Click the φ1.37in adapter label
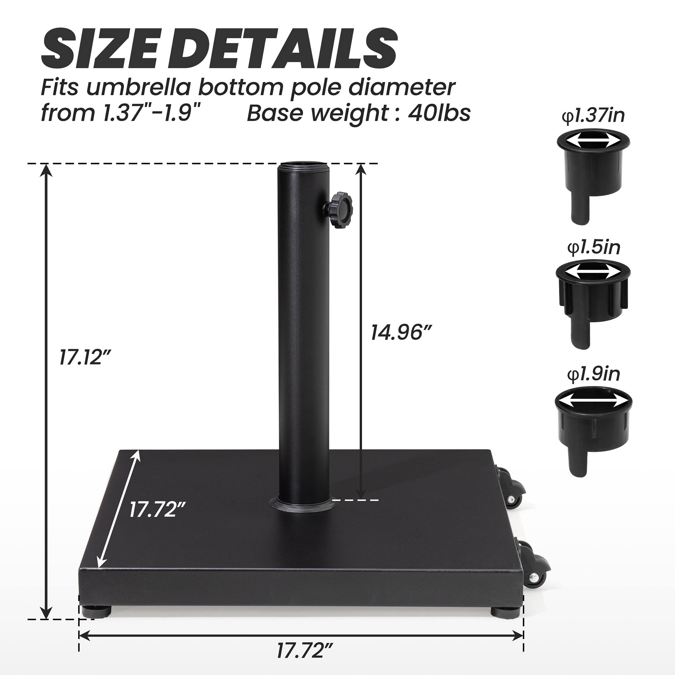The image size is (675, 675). pos(593,116)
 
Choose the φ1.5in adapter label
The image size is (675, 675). pos(594,247)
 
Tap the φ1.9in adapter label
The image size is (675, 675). pos(593,374)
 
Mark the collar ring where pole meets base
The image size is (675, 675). pos(303,505)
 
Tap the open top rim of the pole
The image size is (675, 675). pos(304,164)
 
